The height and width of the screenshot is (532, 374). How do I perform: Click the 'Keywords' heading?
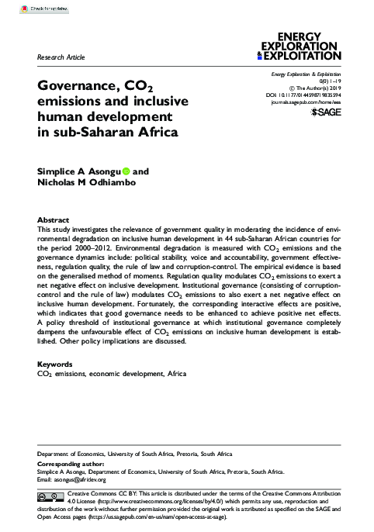pyautogui.click(x=57, y=364)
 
